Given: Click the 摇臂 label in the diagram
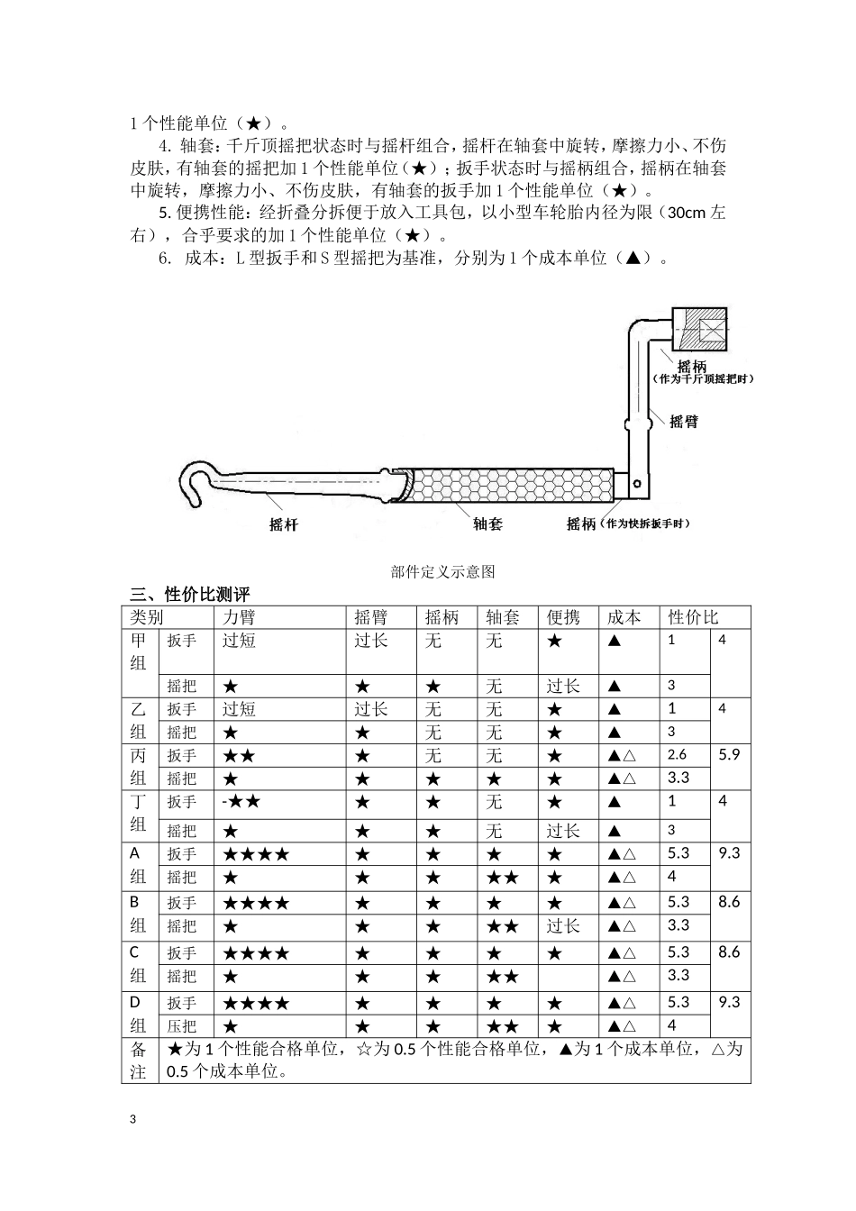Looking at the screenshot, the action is [x=684, y=422].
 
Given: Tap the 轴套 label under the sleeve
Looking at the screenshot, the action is [x=487, y=524].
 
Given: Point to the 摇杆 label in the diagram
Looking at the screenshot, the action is [x=284, y=524].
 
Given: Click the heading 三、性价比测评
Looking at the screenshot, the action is [x=190, y=595].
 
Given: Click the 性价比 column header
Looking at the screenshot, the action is [x=694, y=617].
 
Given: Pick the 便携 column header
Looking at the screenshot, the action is [x=564, y=617].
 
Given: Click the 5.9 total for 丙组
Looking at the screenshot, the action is [x=729, y=754].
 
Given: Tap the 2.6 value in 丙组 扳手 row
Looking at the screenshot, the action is [x=677, y=754].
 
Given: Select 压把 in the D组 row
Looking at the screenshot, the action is [x=182, y=1025].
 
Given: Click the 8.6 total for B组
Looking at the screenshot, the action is [x=729, y=902].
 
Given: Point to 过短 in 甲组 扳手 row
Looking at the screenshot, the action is [x=239, y=641].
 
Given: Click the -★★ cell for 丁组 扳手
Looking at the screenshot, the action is [x=241, y=801].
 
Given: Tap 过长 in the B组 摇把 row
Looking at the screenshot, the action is [x=564, y=925].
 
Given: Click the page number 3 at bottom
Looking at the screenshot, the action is [x=134, y=1119].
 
